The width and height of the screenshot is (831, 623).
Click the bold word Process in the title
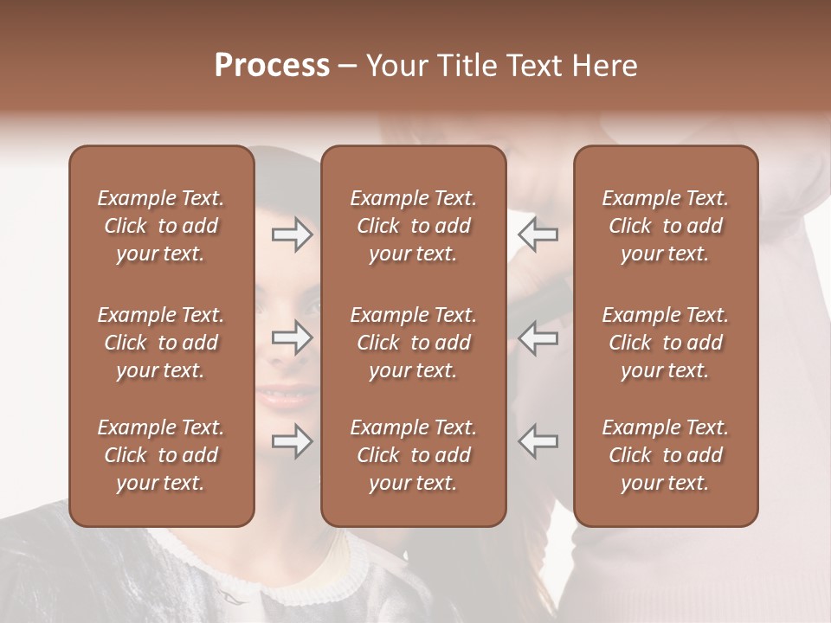click(272, 66)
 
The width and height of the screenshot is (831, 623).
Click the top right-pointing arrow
click(292, 234)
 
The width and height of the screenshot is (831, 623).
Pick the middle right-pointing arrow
click(292, 337)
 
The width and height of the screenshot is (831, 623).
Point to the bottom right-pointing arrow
click(292, 441)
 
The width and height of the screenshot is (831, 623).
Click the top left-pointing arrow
click(538, 234)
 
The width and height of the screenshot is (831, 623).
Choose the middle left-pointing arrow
click(538, 337)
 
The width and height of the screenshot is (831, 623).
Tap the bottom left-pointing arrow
click(538, 441)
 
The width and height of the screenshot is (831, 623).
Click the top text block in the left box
click(161, 226)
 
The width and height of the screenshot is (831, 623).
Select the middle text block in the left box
click(161, 343)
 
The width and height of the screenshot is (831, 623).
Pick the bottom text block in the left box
click(161, 455)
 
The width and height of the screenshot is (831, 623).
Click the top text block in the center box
click(413, 226)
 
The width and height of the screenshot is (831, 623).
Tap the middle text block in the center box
click(413, 343)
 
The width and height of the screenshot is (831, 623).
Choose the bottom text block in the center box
click(413, 455)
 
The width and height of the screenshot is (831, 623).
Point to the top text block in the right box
click(665, 226)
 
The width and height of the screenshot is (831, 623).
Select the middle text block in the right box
click(665, 343)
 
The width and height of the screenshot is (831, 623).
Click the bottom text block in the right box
click(665, 455)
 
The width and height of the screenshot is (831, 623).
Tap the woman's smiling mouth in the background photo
click(286, 396)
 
